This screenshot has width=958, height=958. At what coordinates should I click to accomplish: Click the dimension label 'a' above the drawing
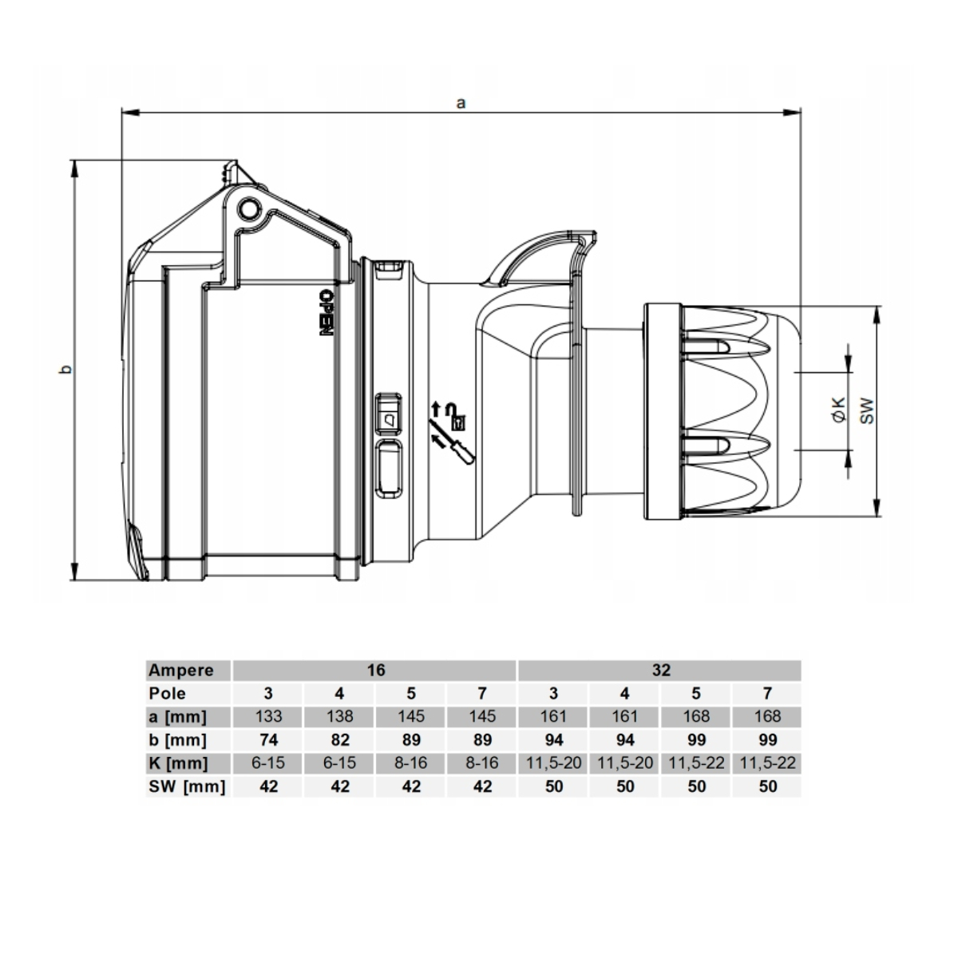click(x=461, y=104)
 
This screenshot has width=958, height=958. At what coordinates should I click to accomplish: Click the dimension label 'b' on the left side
click(x=66, y=370)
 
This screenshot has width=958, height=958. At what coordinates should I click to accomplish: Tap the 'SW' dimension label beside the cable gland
click(x=866, y=410)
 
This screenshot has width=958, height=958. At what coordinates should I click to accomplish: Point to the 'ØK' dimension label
click(x=839, y=410)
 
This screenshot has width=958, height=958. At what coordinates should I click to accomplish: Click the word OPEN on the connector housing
click(x=325, y=313)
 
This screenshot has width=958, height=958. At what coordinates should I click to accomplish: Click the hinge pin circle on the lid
click(x=248, y=209)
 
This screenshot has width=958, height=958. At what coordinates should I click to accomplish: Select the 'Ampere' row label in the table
click(x=181, y=670)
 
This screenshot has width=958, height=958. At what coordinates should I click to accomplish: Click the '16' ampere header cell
click(x=376, y=670)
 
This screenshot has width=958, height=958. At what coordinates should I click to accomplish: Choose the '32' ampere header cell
click(x=661, y=670)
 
